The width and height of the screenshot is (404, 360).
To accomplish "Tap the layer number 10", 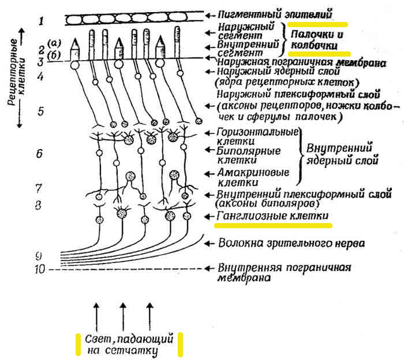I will click(40, 269).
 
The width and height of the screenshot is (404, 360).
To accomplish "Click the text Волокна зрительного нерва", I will click(291, 243).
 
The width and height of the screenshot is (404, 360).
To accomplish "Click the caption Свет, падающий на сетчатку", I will click(128, 345).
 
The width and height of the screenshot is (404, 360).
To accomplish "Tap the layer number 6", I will click(39, 154).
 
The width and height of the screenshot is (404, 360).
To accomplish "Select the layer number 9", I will click(39, 255).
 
